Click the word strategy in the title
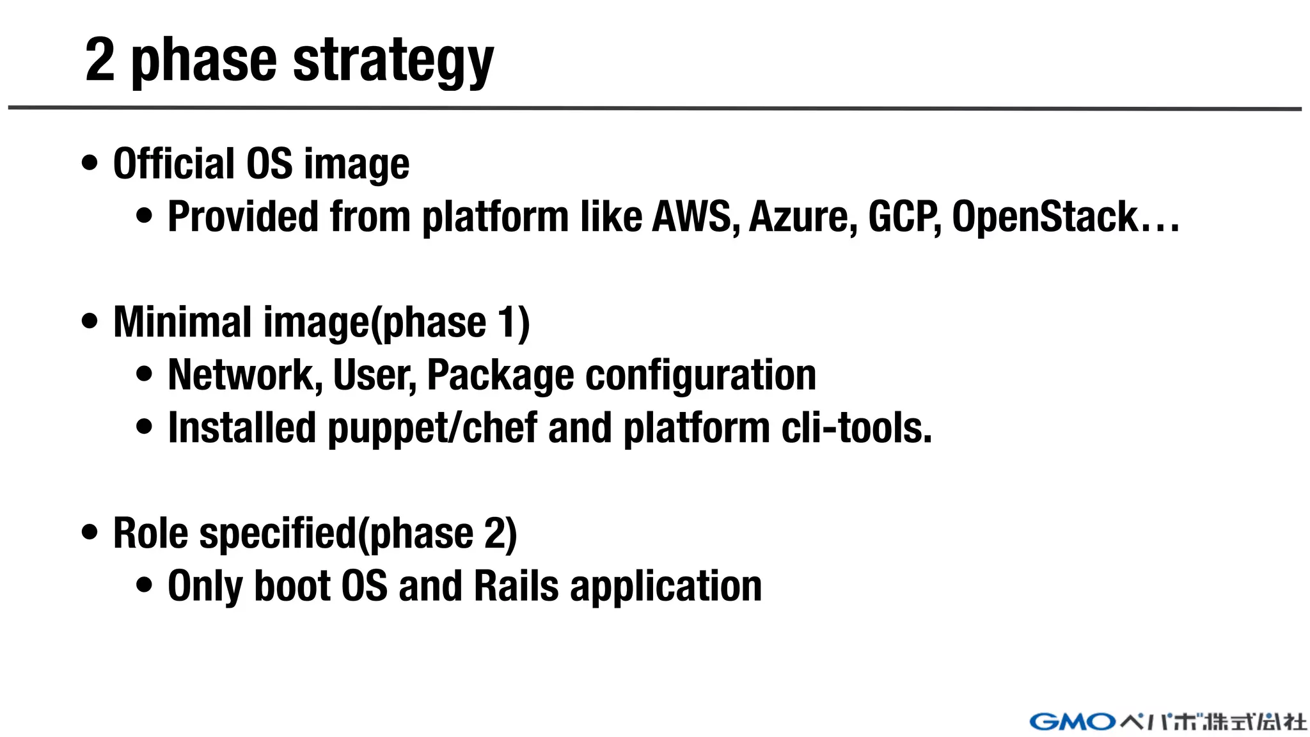tap(393, 61)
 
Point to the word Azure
tap(803, 216)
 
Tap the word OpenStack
tap(1045, 216)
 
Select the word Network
tap(245, 375)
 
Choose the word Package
tap(500, 375)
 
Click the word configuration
tap(701, 375)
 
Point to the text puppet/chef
tap(432, 428)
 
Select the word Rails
tap(516, 586)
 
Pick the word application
tap(666, 587)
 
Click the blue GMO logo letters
tap(1073, 722)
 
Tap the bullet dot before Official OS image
tap(90, 162)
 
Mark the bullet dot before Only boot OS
tap(145, 585)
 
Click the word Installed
tap(242, 428)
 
